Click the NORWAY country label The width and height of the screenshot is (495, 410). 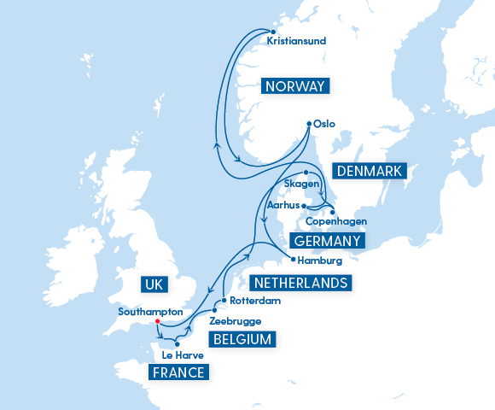click(295, 86)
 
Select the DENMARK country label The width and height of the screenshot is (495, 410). click(368, 172)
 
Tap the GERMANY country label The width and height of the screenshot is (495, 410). click(327, 241)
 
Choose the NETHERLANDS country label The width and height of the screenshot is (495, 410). click(298, 283)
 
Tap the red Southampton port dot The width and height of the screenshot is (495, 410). click(157, 322)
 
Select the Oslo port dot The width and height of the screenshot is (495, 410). click(308, 125)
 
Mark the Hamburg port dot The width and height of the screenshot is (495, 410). click(292, 259)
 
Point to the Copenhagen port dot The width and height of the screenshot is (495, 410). click(332, 210)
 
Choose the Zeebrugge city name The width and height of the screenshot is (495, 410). click(235, 321)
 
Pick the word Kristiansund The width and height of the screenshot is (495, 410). click(297, 40)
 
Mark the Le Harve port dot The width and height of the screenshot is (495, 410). click(177, 344)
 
